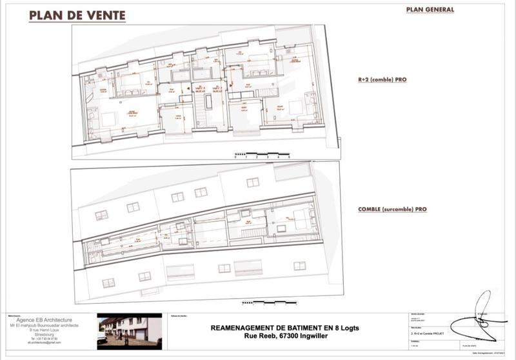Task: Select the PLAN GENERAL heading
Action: [x=430, y=10]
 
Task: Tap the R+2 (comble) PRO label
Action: [x=385, y=81]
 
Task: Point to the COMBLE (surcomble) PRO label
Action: [x=392, y=209]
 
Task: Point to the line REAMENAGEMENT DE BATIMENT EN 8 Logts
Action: [x=284, y=327]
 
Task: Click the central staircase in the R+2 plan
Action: [x=201, y=117]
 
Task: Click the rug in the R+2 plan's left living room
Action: [x=107, y=119]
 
